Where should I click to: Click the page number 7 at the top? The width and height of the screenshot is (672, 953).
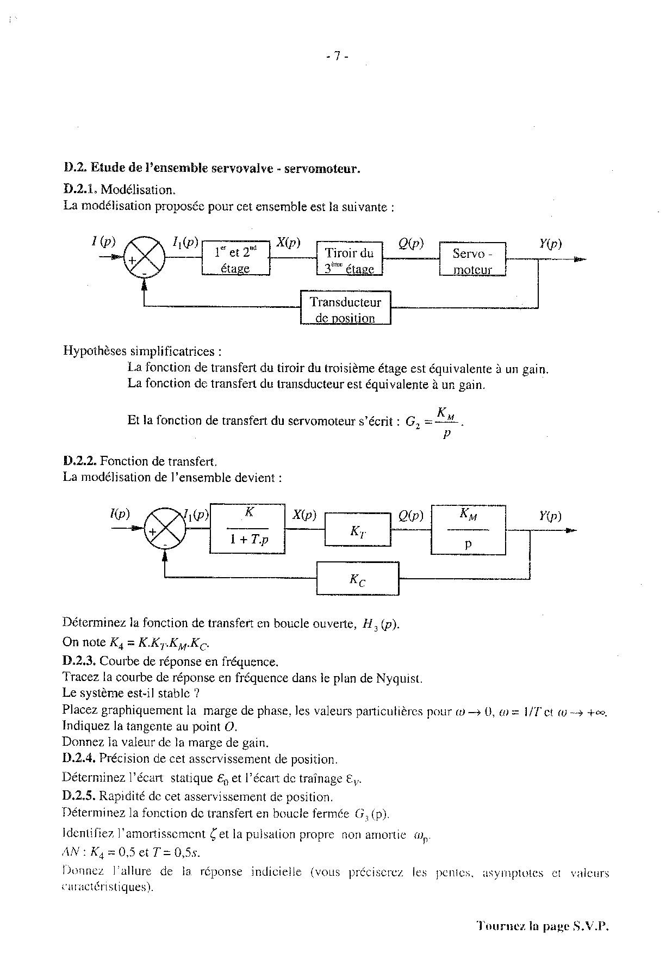click(x=337, y=56)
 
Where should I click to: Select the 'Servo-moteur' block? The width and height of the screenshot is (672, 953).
click(x=472, y=259)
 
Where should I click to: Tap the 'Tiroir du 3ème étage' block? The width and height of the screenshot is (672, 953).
click(x=349, y=259)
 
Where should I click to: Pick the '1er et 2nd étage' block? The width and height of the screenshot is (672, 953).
click(x=235, y=258)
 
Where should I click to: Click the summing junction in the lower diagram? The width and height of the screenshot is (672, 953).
click(x=164, y=528)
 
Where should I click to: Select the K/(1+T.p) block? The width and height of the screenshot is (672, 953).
click(x=247, y=529)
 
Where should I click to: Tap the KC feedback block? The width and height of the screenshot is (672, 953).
click(x=357, y=579)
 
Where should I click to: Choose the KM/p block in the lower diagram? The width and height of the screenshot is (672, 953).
click(x=468, y=529)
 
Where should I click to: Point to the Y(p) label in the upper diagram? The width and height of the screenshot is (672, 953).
click(x=550, y=244)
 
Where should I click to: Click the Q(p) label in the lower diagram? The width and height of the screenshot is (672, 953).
click(x=411, y=515)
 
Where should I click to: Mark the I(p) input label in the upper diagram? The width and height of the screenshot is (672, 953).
click(x=103, y=241)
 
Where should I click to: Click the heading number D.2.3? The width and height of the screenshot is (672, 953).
click(x=79, y=662)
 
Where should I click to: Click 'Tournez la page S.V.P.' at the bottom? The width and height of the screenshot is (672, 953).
click(x=542, y=926)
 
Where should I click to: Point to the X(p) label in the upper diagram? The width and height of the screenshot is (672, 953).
click(x=288, y=243)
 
